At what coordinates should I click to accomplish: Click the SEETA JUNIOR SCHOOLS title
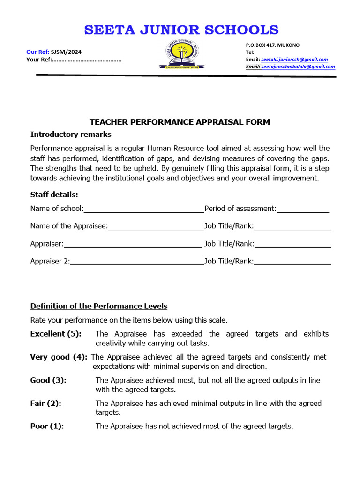pyautogui.click(x=181, y=30)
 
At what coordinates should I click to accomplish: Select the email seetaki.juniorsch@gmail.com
pyautogui.click(x=294, y=60)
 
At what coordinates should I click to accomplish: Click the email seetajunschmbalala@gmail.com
pyautogui.click(x=298, y=67)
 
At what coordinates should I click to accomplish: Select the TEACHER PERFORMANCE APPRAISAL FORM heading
pyautogui.click(x=180, y=122)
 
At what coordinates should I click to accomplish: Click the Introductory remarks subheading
pyautogui.click(x=71, y=135)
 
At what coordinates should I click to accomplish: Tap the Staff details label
pyautogui.click(x=54, y=195)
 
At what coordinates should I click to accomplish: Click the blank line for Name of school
pyautogui.click(x=144, y=209)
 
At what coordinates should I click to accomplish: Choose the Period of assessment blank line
pyautogui.click(x=303, y=209)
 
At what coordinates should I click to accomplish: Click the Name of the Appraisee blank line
pyautogui.click(x=156, y=226)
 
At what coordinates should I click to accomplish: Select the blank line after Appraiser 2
pyautogui.click(x=137, y=262)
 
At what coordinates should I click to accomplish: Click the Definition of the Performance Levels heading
pyautogui.click(x=99, y=306)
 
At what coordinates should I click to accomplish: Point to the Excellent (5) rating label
pyautogui.click(x=56, y=334)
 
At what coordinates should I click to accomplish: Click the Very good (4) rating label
pyautogui.click(x=59, y=357)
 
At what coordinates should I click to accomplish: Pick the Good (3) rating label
pyautogui.click(x=48, y=380)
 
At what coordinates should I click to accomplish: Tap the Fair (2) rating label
pyautogui.click(x=46, y=403)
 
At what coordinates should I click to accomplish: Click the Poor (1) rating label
pyautogui.click(x=47, y=426)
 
